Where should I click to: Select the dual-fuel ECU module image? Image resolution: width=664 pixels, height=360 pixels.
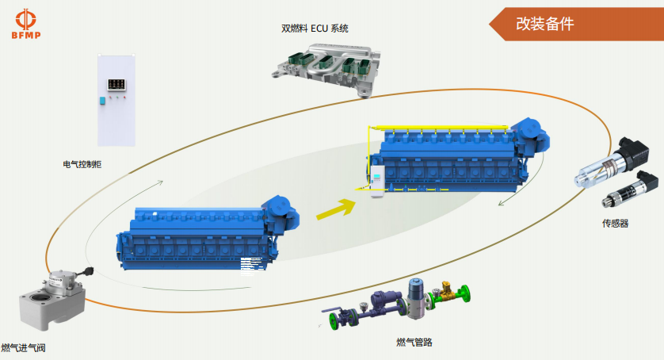(325, 67)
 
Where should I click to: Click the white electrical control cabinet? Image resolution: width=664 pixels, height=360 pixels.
(116, 101)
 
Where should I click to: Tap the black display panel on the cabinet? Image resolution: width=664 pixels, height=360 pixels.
(116, 82)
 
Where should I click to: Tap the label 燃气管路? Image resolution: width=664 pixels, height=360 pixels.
(414, 343)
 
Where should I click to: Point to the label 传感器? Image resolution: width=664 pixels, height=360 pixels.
(615, 224)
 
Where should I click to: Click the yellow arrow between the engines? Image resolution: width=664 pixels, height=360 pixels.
(335, 209)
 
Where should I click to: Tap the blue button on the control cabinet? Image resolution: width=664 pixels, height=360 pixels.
(102, 100)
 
